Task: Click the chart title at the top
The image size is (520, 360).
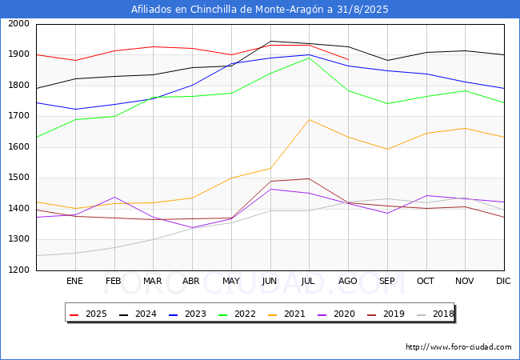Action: (x=260, y=10)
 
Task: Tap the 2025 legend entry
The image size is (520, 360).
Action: (x=88, y=314)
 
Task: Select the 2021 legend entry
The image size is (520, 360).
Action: (x=286, y=314)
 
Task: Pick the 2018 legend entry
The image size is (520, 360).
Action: (x=435, y=314)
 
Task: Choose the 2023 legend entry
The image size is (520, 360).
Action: (x=187, y=314)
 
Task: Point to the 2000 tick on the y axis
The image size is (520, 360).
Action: (x=18, y=24)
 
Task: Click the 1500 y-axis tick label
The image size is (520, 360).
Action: (x=18, y=178)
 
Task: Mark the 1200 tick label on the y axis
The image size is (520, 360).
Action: (x=18, y=270)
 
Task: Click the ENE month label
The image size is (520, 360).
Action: (x=74, y=281)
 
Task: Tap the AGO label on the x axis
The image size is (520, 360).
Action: (x=347, y=281)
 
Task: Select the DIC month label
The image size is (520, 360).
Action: (x=503, y=281)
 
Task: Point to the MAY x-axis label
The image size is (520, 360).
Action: (x=231, y=281)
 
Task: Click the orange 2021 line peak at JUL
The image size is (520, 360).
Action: (x=310, y=119)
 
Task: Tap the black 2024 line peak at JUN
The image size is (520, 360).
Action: (x=270, y=41)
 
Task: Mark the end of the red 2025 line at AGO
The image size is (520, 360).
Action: (x=348, y=60)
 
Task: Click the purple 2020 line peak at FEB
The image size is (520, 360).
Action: (x=114, y=198)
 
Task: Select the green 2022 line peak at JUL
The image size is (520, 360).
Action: (x=310, y=58)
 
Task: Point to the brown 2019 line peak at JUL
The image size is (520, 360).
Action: (x=310, y=178)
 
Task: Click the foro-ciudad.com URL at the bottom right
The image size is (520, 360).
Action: (x=458, y=347)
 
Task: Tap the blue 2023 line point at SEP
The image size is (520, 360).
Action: (x=387, y=70)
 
